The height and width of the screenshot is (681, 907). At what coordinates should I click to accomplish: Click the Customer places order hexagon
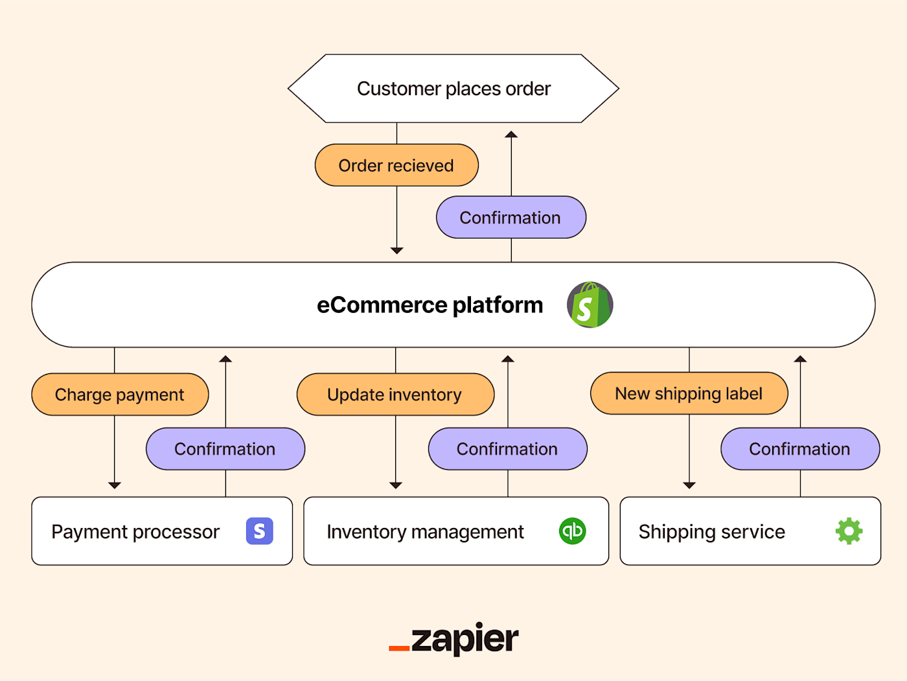pos(454,89)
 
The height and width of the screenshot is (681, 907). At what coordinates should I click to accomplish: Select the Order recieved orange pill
pos(396,165)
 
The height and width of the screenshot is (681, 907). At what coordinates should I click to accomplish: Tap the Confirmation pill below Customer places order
pos(511,218)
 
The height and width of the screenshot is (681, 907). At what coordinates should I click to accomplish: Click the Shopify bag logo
pos(590,305)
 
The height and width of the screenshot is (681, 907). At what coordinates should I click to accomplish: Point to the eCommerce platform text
pos(430,305)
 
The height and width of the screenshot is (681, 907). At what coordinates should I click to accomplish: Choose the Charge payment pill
pos(120,395)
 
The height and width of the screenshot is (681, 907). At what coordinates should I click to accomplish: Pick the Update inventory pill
pos(395,395)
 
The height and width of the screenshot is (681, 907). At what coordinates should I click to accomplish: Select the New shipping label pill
pos(689,393)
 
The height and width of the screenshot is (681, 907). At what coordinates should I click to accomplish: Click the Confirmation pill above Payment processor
pos(225,449)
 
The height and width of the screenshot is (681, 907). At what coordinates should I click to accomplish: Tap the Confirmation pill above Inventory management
pos(507,449)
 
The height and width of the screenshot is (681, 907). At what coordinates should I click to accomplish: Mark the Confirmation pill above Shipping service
pos(799,449)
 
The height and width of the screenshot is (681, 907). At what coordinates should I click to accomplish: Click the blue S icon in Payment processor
pos(259,531)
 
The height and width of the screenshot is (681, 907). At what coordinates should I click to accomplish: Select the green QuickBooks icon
pos(572,531)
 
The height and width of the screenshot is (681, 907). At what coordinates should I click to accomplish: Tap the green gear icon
pos(849,531)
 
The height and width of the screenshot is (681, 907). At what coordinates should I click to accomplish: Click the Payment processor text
pos(135,532)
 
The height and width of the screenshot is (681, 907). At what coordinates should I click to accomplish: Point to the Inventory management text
pos(425,532)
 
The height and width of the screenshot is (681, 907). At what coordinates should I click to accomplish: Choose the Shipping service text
pos(711,532)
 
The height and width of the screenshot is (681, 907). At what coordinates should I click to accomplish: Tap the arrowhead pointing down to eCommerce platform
pos(397,250)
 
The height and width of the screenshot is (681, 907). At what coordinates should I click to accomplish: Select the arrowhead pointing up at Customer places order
pos(511,135)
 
